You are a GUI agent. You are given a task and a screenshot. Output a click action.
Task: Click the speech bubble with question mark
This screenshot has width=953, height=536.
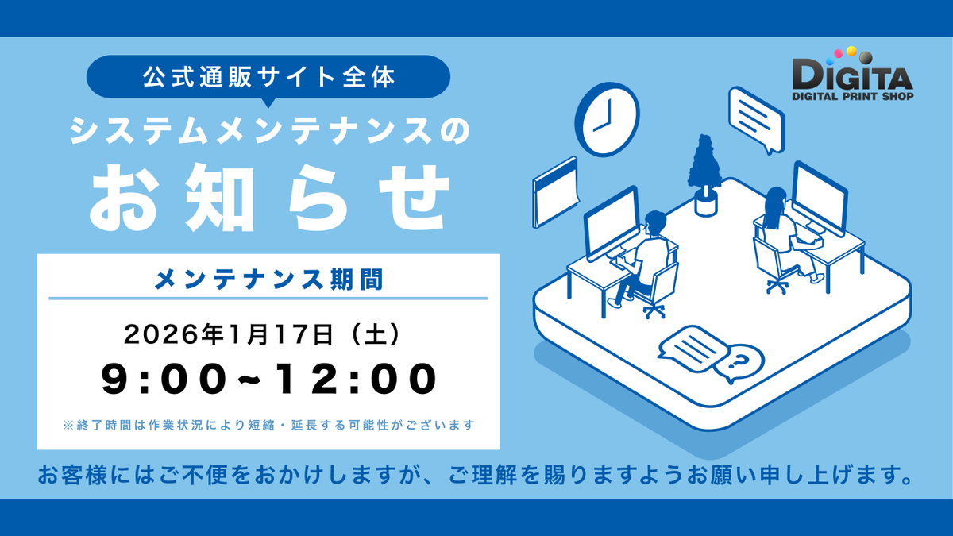click(x=739, y=364)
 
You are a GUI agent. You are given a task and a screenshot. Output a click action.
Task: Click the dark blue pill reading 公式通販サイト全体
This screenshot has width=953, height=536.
click(x=268, y=77)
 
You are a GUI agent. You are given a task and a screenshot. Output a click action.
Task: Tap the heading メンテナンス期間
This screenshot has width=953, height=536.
click(x=268, y=279)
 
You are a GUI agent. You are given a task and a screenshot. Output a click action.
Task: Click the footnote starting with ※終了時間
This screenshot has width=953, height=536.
click(x=268, y=426)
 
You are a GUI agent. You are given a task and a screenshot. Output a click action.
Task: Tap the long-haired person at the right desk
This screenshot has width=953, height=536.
click(x=782, y=230)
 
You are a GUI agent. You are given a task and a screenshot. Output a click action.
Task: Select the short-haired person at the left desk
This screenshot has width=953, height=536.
click(x=647, y=254)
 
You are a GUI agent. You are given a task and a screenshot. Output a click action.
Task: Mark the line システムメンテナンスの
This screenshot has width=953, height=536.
click(x=268, y=131)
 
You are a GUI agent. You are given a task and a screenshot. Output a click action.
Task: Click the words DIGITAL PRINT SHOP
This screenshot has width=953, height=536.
click(x=852, y=97)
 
